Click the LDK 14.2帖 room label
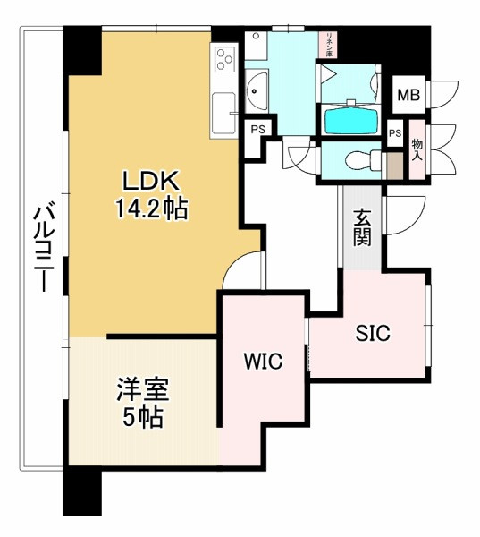pos(149,194)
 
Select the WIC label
pos(264,362)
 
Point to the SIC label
pos(374,334)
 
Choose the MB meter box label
pos(408,95)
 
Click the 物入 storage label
pos(417,149)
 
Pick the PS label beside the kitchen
pos(257,130)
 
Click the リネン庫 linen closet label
pos(330,44)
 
